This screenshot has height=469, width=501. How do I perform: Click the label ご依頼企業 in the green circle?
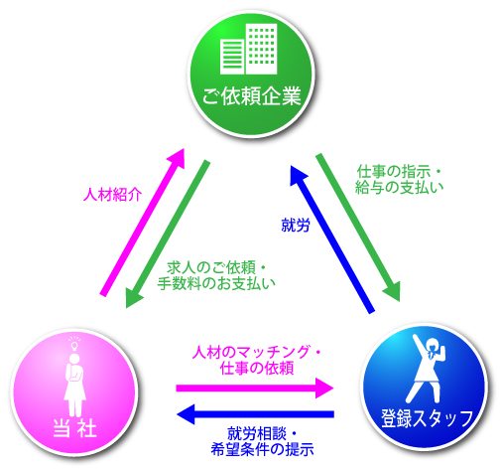click(251, 96)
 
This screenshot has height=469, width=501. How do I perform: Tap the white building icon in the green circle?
click(249, 49)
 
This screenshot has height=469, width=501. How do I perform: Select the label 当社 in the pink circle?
click(74, 427)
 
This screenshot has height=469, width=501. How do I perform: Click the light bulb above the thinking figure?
click(74, 345)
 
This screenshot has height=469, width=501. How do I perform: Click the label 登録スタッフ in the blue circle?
click(428, 418)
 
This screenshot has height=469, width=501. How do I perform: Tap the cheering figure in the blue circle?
click(427, 368)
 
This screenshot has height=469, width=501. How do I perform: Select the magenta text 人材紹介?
click(112, 195)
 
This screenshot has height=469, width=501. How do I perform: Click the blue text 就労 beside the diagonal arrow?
click(296, 226)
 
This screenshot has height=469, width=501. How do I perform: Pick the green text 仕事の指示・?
click(399, 172)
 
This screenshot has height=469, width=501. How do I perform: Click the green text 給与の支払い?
click(399, 187)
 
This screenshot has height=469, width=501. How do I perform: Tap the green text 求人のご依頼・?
click(216, 267)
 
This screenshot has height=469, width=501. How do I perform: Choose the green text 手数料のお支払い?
click(216, 283)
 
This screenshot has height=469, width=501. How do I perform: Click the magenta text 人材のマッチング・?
click(257, 352)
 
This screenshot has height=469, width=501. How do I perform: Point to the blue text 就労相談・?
click(262, 434)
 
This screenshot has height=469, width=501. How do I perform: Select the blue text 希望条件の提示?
click(262, 449)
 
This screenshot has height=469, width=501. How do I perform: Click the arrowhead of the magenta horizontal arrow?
click(324, 389)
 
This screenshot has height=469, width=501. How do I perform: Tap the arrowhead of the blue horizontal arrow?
click(187, 414)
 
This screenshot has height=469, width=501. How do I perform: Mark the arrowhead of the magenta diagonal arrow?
click(177, 157)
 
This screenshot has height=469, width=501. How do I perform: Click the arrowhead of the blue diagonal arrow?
click(297, 174)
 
